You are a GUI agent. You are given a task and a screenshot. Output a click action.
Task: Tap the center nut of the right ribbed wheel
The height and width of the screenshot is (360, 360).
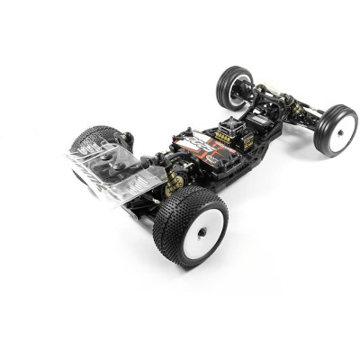click(x=342, y=132)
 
